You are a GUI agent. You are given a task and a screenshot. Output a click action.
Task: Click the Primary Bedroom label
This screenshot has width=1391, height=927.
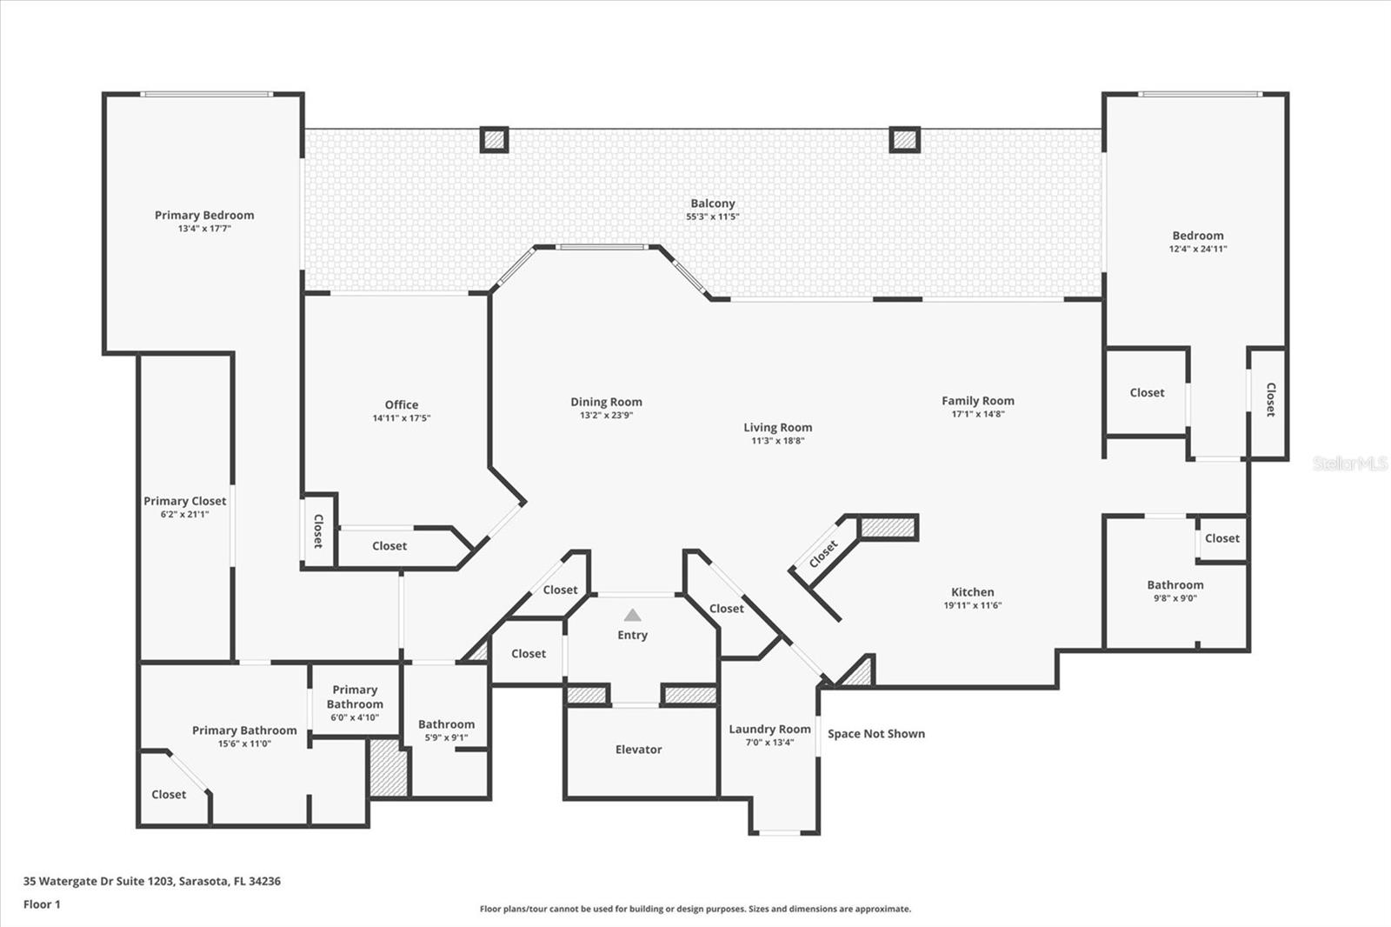(x=204, y=215)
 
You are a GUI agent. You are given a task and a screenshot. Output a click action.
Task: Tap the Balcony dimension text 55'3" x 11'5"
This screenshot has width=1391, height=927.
(x=712, y=217)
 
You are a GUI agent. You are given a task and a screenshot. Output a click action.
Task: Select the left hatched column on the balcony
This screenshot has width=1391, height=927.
(x=494, y=139)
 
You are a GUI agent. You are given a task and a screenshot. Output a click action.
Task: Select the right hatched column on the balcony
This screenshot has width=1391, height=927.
(x=904, y=139)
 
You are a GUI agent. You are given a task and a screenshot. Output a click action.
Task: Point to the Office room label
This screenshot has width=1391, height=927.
(x=401, y=404)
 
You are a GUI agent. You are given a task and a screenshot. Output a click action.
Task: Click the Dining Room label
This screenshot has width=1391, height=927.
(x=606, y=402)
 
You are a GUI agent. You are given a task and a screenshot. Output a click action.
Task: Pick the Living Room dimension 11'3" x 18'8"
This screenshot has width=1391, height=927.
(x=777, y=441)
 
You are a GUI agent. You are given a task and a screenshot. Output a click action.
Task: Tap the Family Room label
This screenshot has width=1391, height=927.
(x=977, y=401)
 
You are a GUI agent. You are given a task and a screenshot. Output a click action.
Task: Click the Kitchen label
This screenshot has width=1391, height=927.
(x=972, y=591)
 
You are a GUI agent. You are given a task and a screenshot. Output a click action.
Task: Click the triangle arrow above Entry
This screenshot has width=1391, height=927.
(x=632, y=615)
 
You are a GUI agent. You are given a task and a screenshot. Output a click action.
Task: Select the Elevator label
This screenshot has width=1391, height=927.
(x=638, y=750)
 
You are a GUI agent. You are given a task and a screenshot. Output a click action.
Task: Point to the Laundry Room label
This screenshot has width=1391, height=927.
(x=769, y=729)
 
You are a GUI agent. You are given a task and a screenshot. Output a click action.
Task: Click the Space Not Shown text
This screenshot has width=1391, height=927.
(x=875, y=734)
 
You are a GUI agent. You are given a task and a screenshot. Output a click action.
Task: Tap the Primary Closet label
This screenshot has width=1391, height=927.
(x=184, y=501)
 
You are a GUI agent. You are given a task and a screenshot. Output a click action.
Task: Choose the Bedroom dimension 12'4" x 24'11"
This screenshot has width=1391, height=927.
(x=1197, y=249)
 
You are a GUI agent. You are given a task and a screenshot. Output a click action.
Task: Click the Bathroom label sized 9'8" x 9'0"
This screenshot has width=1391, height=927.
(x=1175, y=585)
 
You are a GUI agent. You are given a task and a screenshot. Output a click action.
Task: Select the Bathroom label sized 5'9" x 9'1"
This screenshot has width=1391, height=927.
(x=446, y=724)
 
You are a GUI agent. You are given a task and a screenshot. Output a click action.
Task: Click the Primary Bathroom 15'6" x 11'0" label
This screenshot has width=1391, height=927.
(x=244, y=730)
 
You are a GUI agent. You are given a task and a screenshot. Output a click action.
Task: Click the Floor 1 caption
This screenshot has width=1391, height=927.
(x=42, y=904)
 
